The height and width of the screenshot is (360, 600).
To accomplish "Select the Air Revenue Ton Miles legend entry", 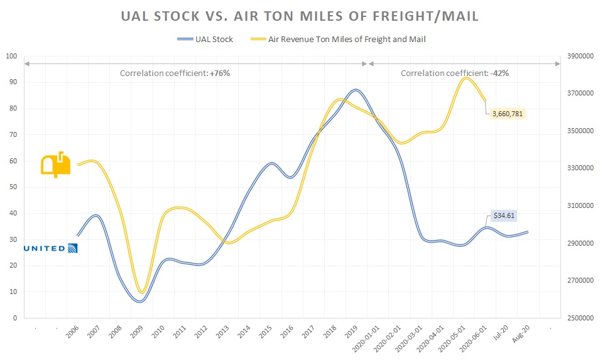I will (x=345, y=39).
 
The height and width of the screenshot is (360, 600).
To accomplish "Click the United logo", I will (x=50, y=248).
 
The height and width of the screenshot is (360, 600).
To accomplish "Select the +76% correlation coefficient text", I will (x=175, y=73).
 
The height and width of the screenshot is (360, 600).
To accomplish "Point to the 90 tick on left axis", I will (x=11, y=82).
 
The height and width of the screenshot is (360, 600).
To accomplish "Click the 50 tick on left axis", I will (x=11, y=187).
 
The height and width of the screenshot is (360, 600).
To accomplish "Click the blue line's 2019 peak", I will (x=356, y=90).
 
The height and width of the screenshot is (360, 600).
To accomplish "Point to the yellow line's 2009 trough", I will (x=143, y=292).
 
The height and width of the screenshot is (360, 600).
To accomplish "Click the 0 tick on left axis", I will (x=14, y=318).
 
